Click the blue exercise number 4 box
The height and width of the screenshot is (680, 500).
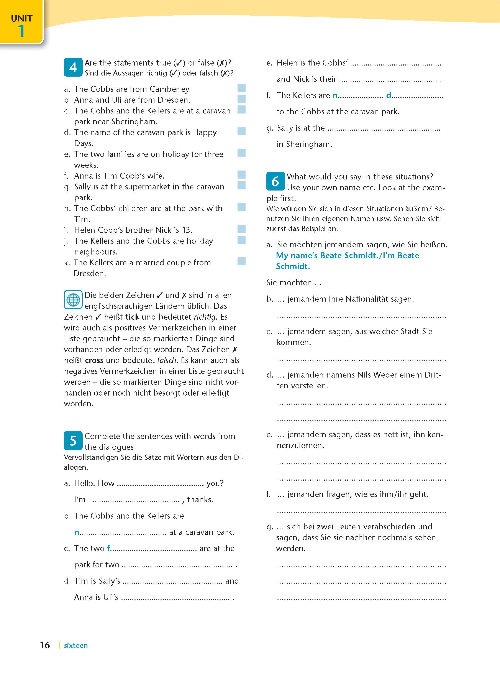[73, 67]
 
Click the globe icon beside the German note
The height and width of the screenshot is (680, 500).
[73, 300]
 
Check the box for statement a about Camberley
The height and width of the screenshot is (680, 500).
[241, 88]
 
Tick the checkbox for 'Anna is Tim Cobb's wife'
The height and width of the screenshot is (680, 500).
[241, 174]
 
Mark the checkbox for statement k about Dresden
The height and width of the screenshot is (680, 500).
[241, 261]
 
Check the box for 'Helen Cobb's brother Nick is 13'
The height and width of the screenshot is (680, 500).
[241, 229]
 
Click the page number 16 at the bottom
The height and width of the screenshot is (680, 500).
[45, 645]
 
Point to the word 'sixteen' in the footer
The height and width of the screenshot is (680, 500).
[76, 645]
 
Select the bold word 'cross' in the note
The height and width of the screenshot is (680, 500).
[94, 360]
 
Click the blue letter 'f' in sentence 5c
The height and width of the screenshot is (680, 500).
[109, 548]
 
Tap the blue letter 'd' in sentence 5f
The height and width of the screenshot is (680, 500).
[389, 95]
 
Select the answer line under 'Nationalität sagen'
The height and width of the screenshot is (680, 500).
[361, 316]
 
